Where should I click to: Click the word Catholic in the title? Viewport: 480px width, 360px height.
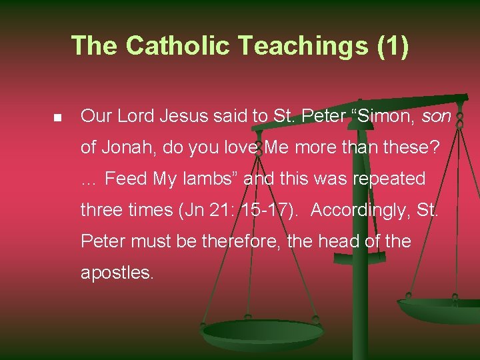[177, 45]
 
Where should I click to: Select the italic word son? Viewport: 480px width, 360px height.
[437, 116]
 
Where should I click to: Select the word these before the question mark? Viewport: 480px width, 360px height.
[408, 147]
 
